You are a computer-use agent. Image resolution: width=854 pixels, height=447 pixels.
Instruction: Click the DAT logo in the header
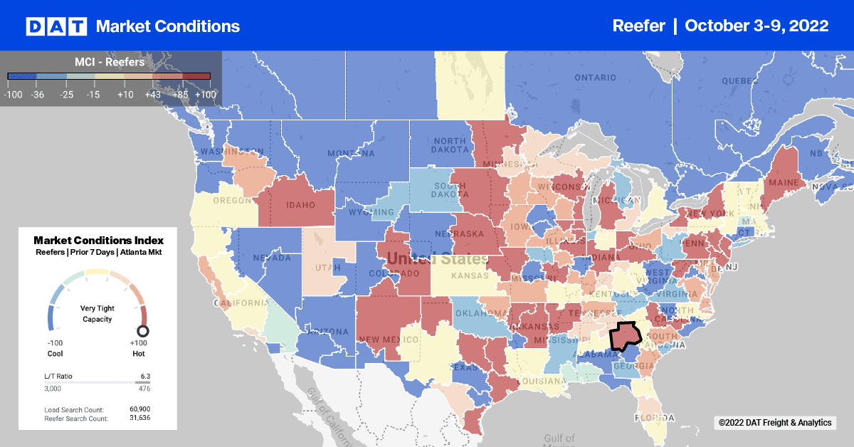(x=56, y=26)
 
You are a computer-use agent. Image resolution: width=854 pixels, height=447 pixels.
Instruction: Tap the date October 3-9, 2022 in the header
(x=757, y=26)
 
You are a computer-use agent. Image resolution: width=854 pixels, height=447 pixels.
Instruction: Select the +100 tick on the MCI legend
(x=205, y=93)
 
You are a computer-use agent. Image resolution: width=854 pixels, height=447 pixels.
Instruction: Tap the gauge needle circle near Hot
(x=142, y=330)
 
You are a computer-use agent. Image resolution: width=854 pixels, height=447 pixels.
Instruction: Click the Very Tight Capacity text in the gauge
(x=97, y=314)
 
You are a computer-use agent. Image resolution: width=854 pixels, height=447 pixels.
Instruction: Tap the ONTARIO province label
(x=595, y=77)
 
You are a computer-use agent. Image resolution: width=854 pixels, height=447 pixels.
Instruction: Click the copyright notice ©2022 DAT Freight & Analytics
(x=774, y=423)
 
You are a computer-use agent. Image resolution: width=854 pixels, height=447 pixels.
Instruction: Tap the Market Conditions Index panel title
(x=98, y=240)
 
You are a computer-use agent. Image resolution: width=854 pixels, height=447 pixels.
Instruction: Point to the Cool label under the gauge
(x=56, y=353)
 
